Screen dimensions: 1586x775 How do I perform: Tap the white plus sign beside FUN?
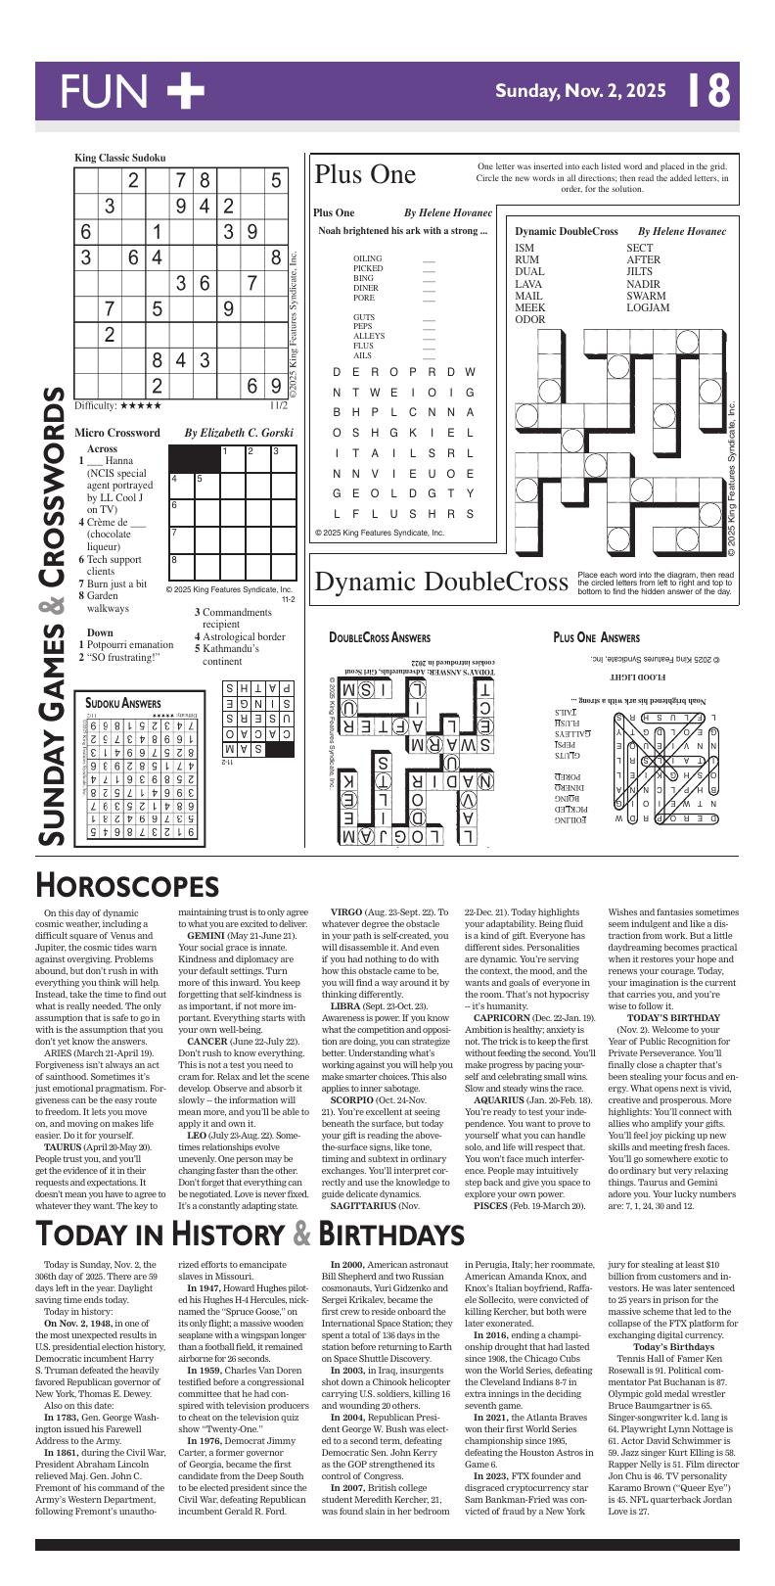(x=185, y=91)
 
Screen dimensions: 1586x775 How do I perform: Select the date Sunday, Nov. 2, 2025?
(x=580, y=91)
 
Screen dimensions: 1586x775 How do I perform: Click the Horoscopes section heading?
(x=127, y=885)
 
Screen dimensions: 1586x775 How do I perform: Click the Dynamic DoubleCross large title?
(x=441, y=582)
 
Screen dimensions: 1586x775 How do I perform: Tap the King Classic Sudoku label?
(x=120, y=158)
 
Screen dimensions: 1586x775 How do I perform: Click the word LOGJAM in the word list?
(x=648, y=307)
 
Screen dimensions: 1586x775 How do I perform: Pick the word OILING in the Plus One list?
(x=368, y=258)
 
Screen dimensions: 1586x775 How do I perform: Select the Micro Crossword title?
(x=117, y=432)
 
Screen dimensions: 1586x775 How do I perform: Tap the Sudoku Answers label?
(x=123, y=703)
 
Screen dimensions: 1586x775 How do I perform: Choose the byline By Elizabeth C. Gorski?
(x=239, y=432)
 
